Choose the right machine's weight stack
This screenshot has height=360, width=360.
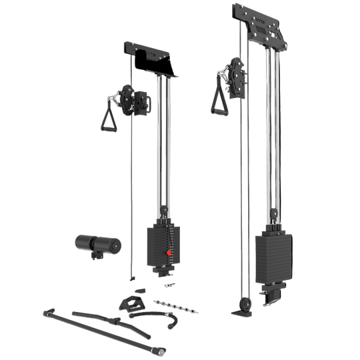point(272,257)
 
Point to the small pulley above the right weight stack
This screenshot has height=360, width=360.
point(273,213)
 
